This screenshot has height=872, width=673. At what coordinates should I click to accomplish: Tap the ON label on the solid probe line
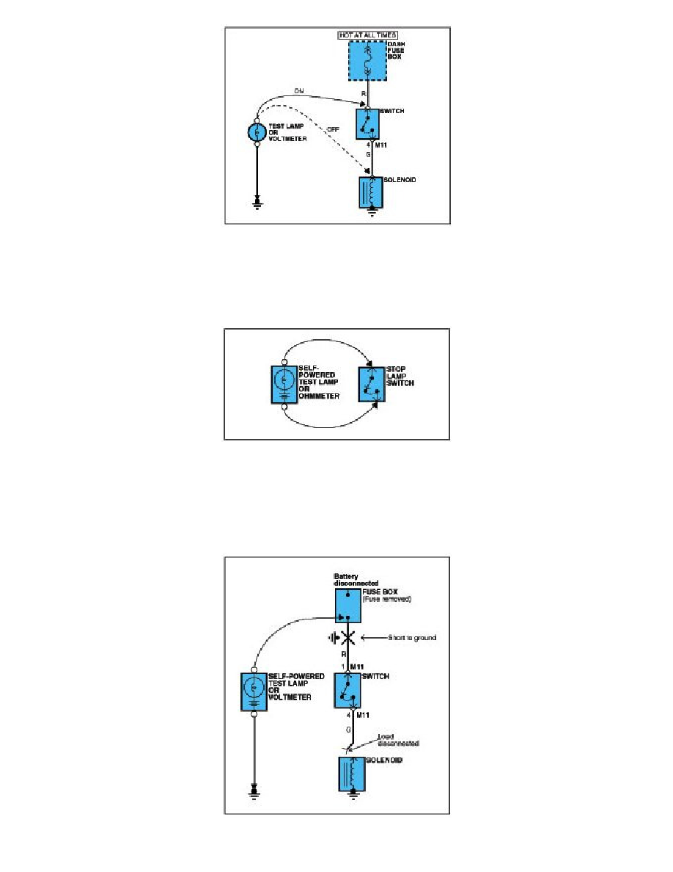coord(299,91)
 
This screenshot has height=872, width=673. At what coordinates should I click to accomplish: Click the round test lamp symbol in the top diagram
coord(257,132)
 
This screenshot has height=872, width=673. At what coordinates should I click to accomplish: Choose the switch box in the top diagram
coord(368,124)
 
